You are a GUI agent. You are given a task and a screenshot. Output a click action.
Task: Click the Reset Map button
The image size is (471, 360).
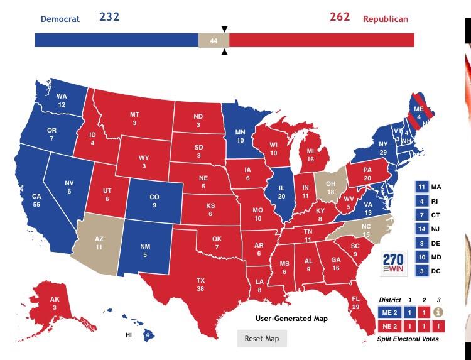pos(262,338)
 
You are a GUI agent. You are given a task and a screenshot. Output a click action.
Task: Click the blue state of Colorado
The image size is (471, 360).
pos(154,200)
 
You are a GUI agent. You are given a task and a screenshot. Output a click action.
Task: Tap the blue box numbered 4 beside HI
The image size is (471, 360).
pos(146,335)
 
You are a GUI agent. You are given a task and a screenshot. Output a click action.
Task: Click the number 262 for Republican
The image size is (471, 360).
pos(339,17)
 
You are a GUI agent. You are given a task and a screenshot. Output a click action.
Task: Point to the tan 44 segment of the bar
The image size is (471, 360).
pos(214,40)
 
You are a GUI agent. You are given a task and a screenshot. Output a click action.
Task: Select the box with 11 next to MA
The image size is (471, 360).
pos(421,187)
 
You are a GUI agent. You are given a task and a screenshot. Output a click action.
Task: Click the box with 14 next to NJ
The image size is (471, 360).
pos(421,229)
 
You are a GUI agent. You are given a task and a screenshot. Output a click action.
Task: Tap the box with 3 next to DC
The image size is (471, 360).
pos(421,270)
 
